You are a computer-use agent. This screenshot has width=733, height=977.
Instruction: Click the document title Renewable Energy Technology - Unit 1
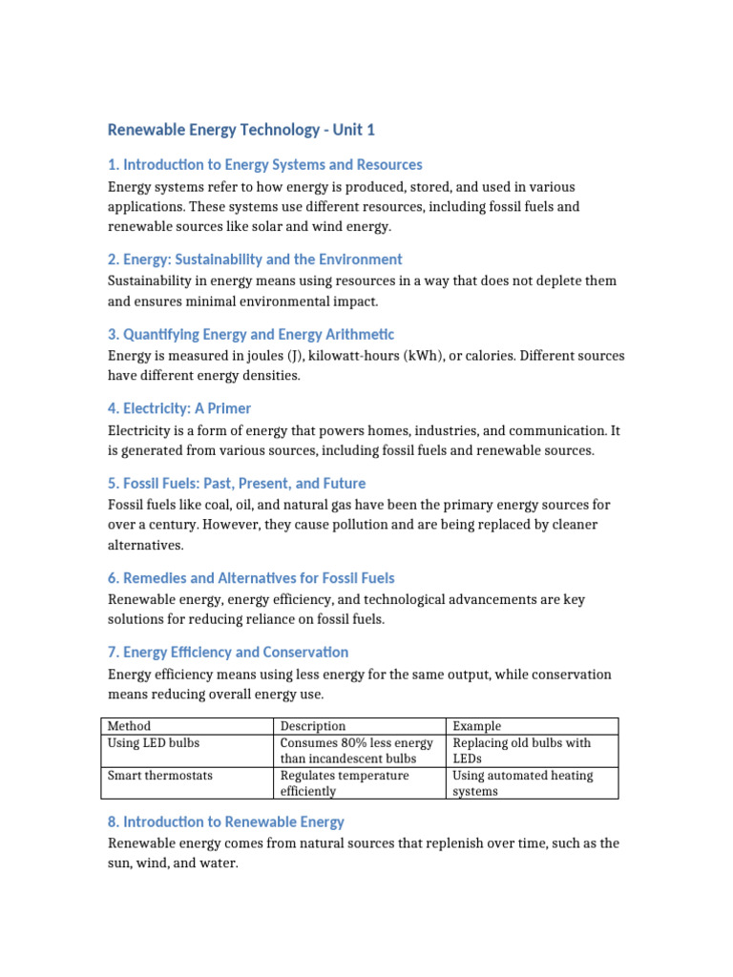coord(241,129)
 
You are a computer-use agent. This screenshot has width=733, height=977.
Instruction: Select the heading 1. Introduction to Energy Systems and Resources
coord(264,165)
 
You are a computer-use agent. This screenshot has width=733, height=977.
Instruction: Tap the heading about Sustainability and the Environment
coord(255,260)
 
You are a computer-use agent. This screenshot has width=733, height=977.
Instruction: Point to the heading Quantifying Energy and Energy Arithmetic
coord(250,334)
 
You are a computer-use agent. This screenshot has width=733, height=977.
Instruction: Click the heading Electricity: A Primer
coord(179,408)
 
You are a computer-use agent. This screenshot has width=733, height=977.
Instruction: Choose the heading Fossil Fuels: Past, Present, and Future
coord(236,483)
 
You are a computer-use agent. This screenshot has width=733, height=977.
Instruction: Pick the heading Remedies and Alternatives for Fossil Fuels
coord(250,578)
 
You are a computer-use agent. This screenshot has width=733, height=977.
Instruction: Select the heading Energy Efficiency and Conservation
coord(228,653)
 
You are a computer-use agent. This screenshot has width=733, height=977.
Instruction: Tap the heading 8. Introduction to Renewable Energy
coord(225,821)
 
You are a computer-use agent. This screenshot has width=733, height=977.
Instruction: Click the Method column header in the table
coord(129,726)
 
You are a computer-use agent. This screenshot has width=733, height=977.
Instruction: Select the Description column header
coord(313,726)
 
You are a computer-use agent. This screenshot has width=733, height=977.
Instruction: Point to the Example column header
coord(476,726)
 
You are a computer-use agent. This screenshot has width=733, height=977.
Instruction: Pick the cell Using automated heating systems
coord(522,783)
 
